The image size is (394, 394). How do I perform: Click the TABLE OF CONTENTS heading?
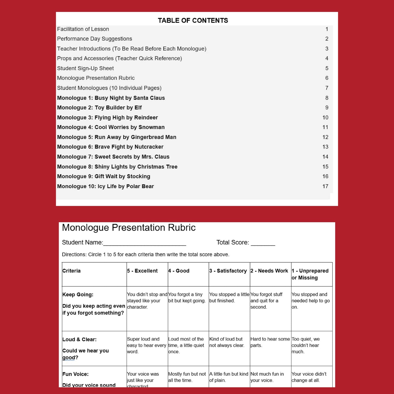pyautogui.click(x=193, y=20)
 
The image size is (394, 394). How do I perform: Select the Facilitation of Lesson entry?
pyautogui.click(x=83, y=29)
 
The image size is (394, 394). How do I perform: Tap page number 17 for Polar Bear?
pyautogui.click(x=325, y=186)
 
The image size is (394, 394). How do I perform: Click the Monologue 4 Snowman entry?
pyautogui.click(x=111, y=127)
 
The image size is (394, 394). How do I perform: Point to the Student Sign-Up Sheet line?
pyautogui.click(x=85, y=68)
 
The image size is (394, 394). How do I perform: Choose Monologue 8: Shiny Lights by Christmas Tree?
pyautogui.click(x=117, y=167)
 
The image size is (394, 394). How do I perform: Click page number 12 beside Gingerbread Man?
pyautogui.click(x=325, y=137)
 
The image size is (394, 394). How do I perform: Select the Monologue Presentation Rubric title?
pyautogui.click(x=129, y=228)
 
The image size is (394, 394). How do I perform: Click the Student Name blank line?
pyautogui.click(x=145, y=243)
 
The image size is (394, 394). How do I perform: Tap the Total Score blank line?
pyautogui.click(x=263, y=243)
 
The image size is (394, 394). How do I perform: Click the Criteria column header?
pyautogui.click(x=71, y=271)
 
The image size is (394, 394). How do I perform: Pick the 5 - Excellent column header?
pyautogui.click(x=142, y=271)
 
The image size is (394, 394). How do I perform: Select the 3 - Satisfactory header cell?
pyautogui.click(x=228, y=271)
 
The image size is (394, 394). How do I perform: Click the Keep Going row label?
pyautogui.click(x=78, y=294)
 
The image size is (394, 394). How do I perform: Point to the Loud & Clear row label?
pyautogui.click(x=79, y=339)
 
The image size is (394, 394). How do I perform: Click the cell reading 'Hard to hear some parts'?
pyautogui.click(x=270, y=342)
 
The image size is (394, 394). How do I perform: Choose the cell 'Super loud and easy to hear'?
pyautogui.click(x=146, y=345)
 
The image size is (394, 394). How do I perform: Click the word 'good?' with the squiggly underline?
pyautogui.click(x=70, y=358)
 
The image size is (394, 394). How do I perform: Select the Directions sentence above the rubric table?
pyautogui.click(x=146, y=254)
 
